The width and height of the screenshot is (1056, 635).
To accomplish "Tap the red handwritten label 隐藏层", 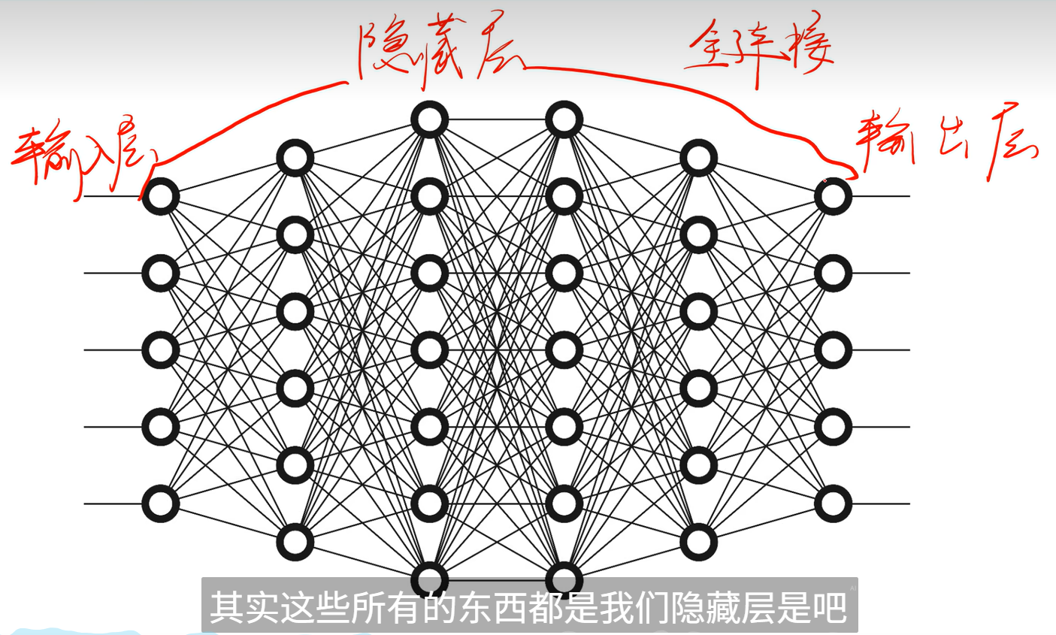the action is click(x=440, y=49).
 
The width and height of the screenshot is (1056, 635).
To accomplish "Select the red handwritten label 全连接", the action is click(x=759, y=49).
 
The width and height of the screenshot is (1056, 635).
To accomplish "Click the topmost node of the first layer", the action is click(x=161, y=196).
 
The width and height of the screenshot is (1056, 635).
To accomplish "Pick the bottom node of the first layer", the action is click(x=161, y=503).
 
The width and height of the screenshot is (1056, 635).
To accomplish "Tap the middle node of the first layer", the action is click(x=161, y=350).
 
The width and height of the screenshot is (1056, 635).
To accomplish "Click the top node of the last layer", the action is click(x=833, y=196).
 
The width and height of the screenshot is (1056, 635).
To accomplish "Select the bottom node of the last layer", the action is click(x=833, y=503).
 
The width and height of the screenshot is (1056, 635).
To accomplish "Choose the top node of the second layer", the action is click(x=295, y=158).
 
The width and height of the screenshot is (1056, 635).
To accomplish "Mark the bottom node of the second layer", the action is click(x=295, y=542).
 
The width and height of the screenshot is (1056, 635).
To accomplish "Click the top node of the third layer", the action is click(x=429, y=119).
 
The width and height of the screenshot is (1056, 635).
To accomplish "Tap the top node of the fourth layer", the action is click(x=564, y=119).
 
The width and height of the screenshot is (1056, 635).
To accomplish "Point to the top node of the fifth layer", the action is click(x=698, y=158).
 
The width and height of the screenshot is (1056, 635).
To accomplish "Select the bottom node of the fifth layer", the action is click(x=698, y=542).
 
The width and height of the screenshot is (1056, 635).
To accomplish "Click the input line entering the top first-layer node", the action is click(x=113, y=196).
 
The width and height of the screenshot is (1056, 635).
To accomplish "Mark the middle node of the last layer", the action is click(x=833, y=350).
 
